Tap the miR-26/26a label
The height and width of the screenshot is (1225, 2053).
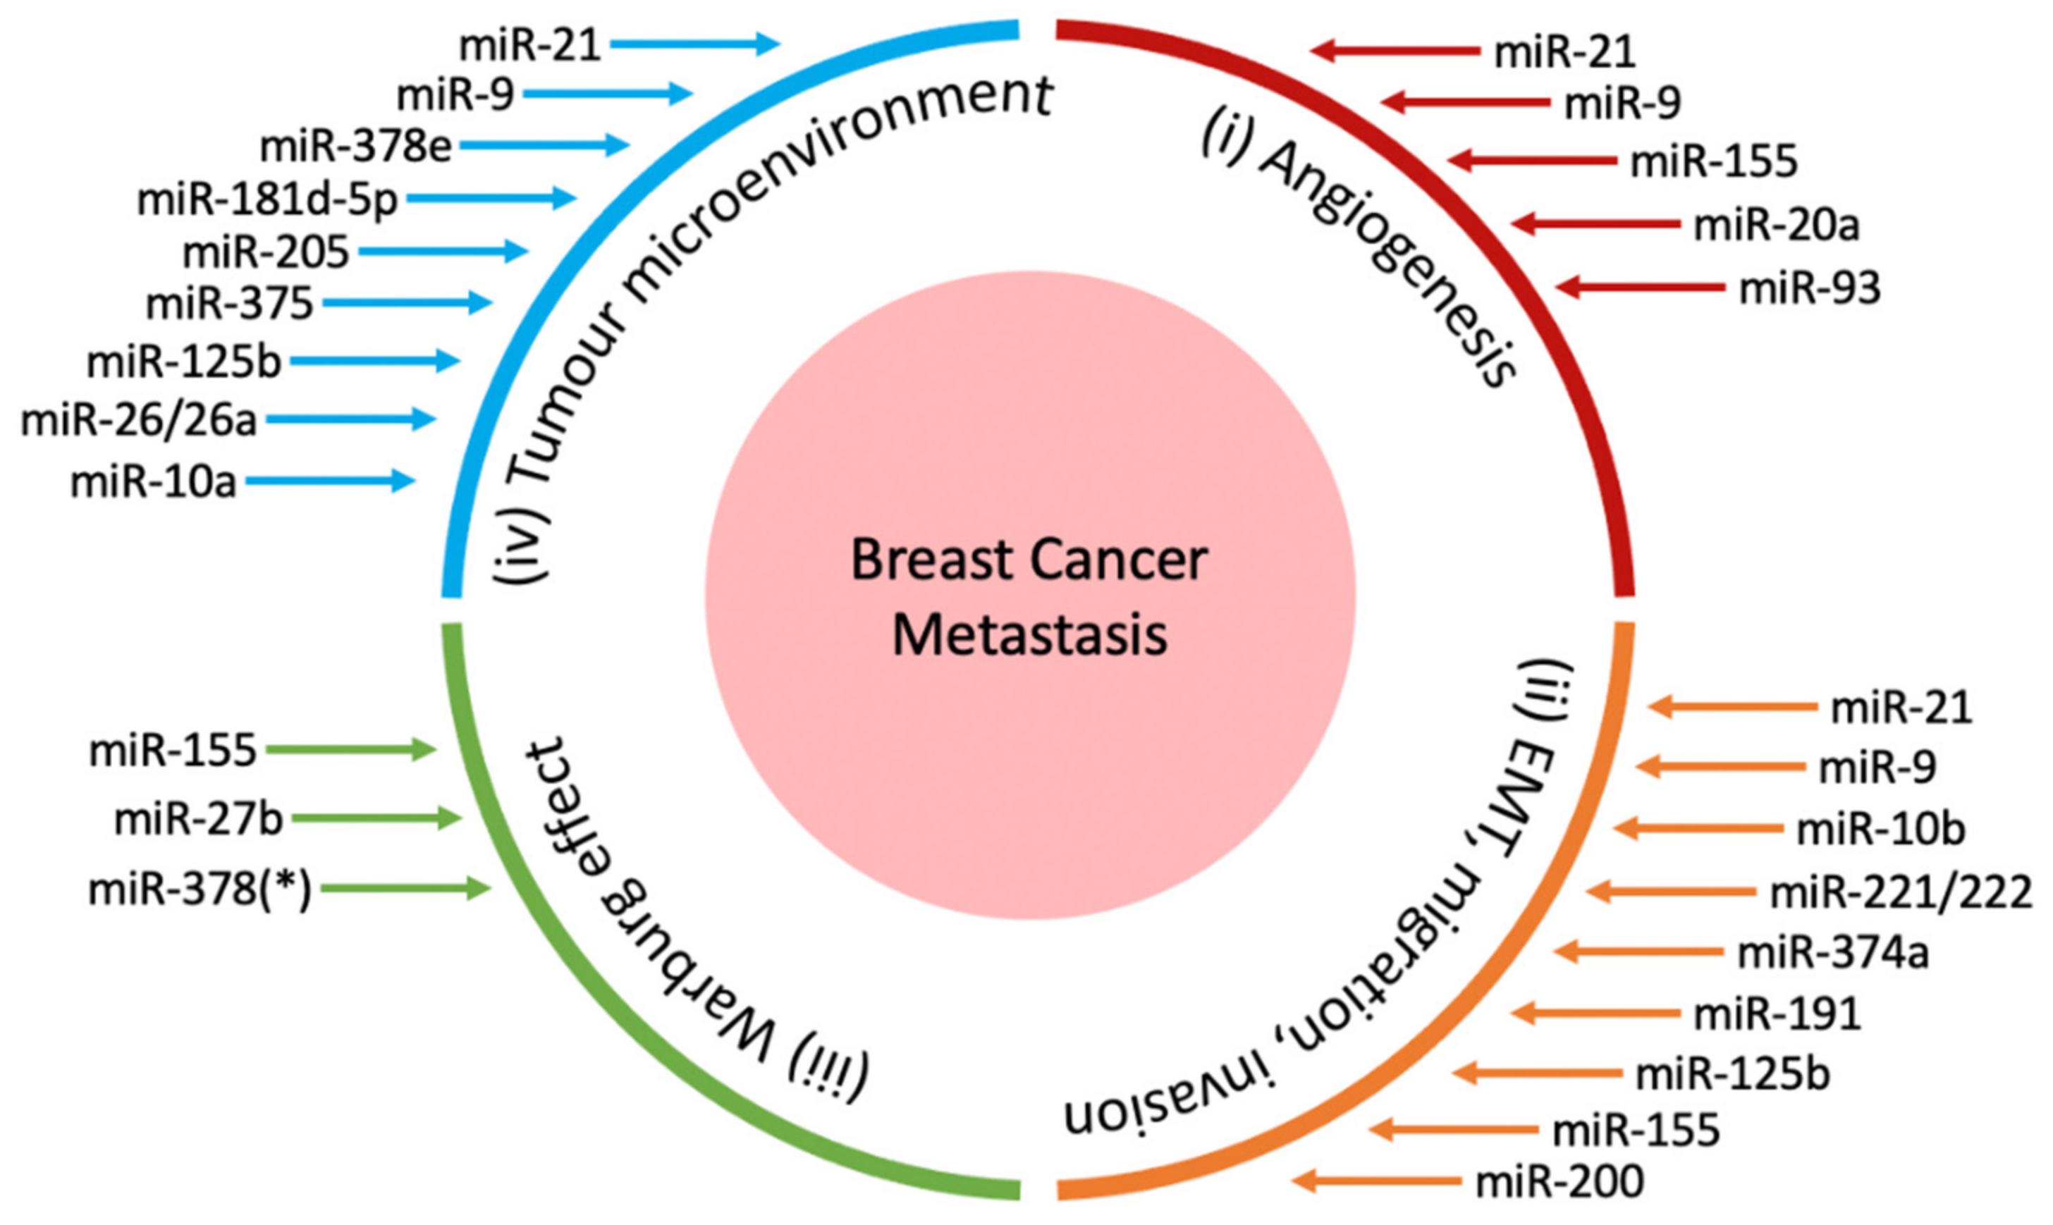pos(139,421)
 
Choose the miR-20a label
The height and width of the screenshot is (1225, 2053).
pos(1777,225)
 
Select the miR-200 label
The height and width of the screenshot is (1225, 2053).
pos(1559,1181)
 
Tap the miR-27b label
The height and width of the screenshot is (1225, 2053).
pos(198,820)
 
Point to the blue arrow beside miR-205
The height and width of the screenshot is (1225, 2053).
pos(443,251)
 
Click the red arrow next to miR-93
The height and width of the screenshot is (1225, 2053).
pos(1639,288)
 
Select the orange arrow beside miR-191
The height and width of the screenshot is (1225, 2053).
pos(1595,1013)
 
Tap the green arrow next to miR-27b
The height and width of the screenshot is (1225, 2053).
pos(376,819)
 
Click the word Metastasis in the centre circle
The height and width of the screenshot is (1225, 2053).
pos(1029,636)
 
